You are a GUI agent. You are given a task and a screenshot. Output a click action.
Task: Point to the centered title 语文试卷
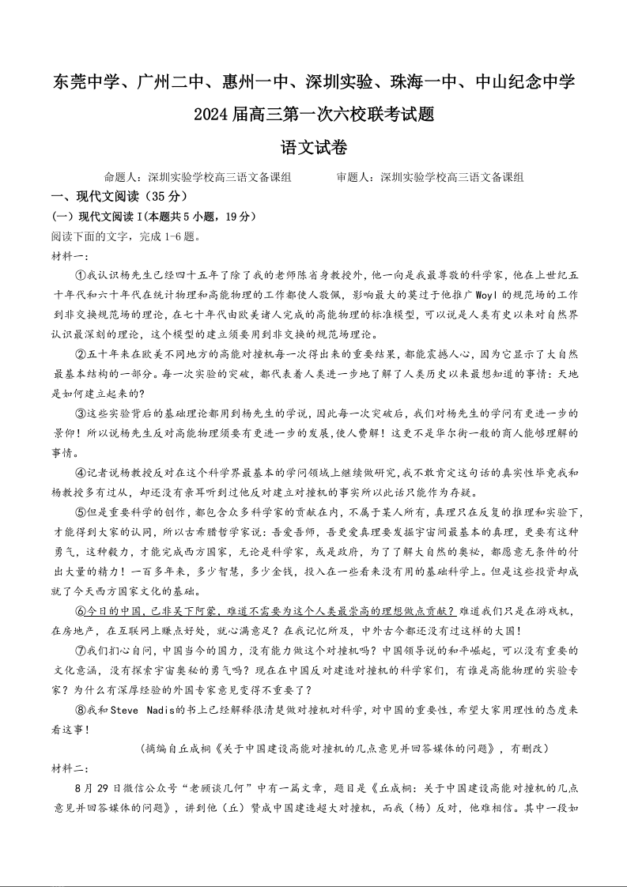(314, 148)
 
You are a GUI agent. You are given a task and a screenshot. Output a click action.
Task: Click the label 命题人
(121, 178)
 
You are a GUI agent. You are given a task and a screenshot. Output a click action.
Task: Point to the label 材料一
(68, 255)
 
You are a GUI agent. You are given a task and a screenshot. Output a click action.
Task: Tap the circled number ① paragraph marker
(80, 275)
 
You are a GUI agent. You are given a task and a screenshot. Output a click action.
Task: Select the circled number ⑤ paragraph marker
(80, 512)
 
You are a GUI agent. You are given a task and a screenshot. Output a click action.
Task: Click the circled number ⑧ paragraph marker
(80, 710)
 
